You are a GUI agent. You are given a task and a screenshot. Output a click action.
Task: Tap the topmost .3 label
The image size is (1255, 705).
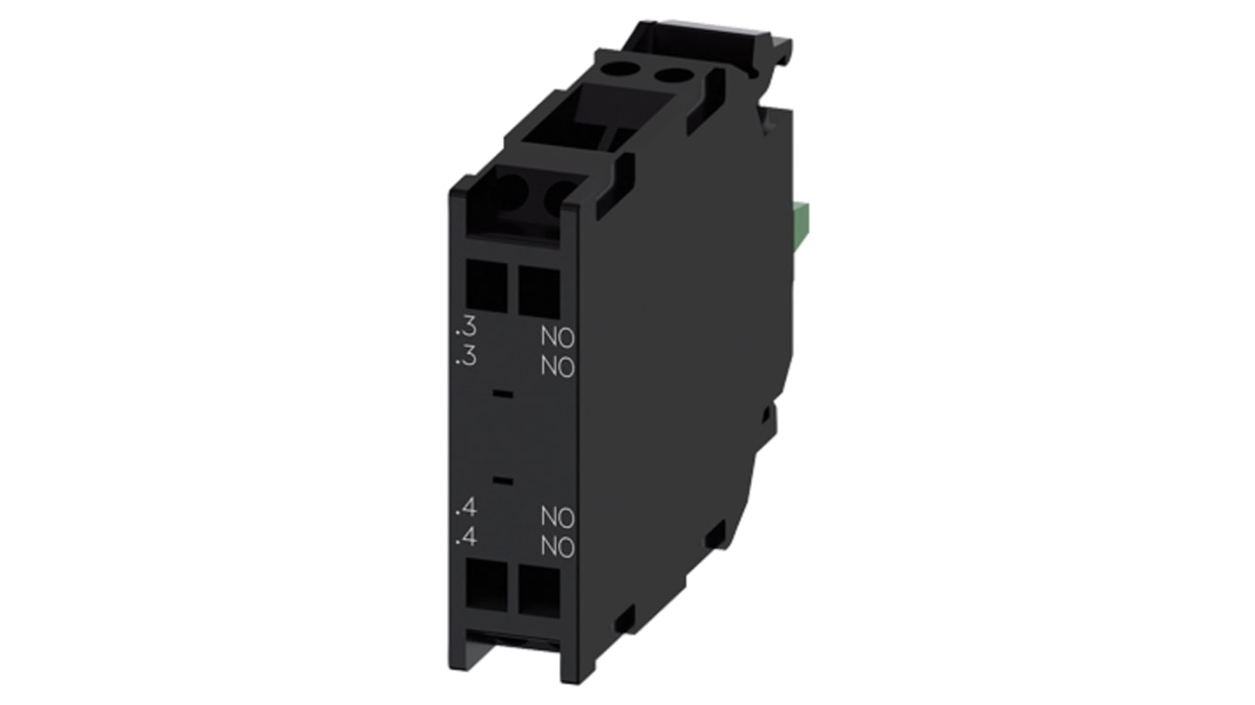(465, 330)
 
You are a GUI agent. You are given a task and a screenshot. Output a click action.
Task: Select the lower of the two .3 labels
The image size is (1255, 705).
(465, 358)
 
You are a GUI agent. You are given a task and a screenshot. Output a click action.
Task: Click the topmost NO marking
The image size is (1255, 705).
(558, 337)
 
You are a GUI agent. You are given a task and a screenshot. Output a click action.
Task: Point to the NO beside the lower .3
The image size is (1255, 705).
(558, 366)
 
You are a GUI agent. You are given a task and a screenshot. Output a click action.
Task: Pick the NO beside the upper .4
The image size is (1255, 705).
(558, 517)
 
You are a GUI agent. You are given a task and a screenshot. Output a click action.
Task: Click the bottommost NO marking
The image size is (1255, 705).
(558, 547)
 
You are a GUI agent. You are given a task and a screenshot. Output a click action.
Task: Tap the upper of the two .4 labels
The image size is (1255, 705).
(465, 508)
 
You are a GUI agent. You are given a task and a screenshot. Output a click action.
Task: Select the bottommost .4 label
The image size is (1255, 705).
(465, 536)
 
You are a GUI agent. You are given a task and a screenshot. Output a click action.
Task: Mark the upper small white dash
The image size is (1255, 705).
(502, 391)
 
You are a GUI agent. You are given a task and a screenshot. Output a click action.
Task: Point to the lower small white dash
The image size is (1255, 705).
(502, 481)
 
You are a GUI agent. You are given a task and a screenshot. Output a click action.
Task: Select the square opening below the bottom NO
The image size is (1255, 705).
(539, 590)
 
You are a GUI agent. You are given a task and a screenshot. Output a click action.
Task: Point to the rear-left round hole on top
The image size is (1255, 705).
(634, 66)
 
